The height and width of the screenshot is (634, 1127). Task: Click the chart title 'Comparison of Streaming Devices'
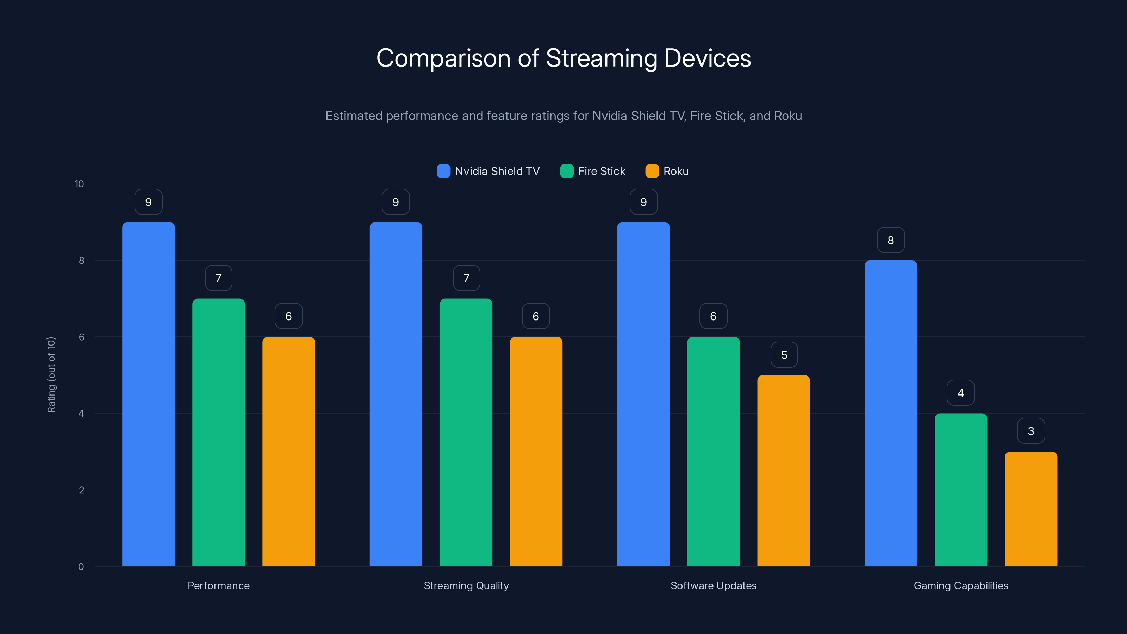pos(563,58)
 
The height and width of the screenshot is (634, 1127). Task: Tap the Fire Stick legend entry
pos(593,171)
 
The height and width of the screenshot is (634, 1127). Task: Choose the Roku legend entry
pos(667,171)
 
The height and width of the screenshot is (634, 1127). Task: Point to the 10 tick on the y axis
pos(79,184)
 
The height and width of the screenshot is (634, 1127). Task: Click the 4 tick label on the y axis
pos(81,414)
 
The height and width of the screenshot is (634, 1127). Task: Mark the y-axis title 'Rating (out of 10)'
pos(51,375)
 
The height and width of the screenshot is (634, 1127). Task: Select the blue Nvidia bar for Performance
pos(148,394)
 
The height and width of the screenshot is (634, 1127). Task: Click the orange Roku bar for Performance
pos(288,451)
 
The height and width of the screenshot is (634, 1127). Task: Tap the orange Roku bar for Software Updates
pos(784,470)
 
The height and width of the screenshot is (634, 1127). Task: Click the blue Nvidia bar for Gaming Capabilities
pos(891,413)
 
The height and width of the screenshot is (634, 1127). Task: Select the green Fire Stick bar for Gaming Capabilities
pos(961,490)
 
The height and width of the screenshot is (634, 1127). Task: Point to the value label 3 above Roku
pos(1031,431)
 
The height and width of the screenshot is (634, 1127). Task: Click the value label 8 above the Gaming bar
pos(891,240)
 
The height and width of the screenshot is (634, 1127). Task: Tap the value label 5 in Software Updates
pos(784,355)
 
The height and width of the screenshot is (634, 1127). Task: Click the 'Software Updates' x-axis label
pos(713,585)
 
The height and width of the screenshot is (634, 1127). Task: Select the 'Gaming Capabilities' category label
pos(961,585)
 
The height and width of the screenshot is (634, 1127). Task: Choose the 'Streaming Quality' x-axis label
pos(466,585)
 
